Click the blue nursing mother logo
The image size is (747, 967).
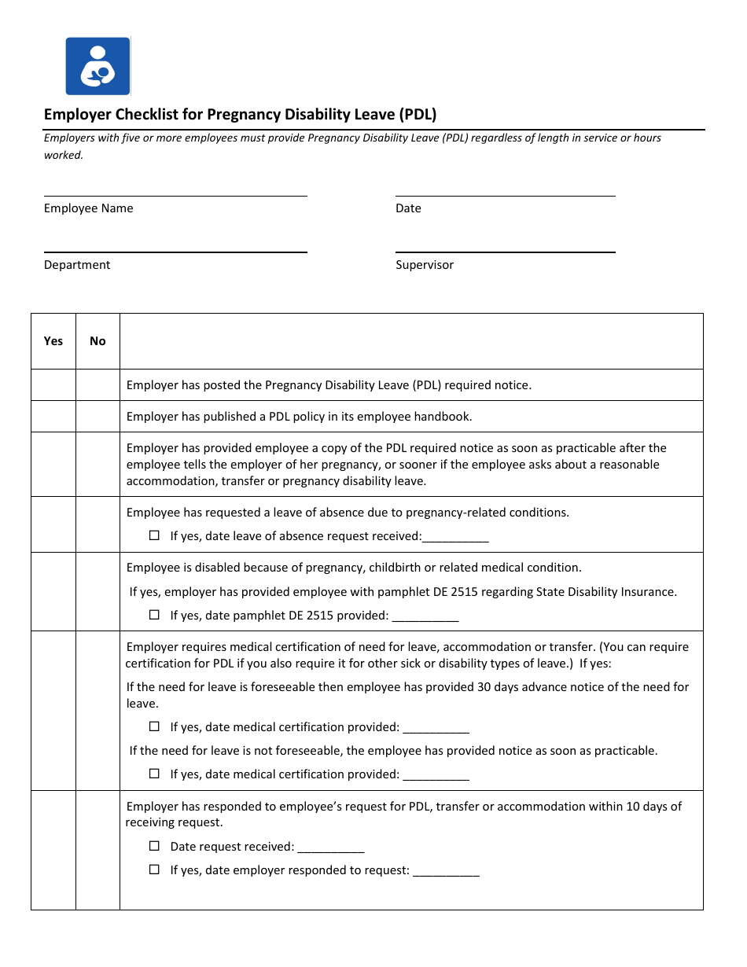98,66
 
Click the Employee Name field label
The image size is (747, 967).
88,208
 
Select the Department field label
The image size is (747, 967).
77,265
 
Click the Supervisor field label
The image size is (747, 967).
425,265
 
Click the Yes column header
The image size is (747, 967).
53,341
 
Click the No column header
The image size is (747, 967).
98,341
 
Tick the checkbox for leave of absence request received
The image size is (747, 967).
154,535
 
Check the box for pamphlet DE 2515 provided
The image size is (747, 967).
154,615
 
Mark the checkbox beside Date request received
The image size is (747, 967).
154,847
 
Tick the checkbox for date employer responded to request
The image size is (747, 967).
154,870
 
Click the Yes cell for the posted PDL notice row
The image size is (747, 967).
53,385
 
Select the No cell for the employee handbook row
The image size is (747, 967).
98,417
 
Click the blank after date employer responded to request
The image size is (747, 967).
446,871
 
